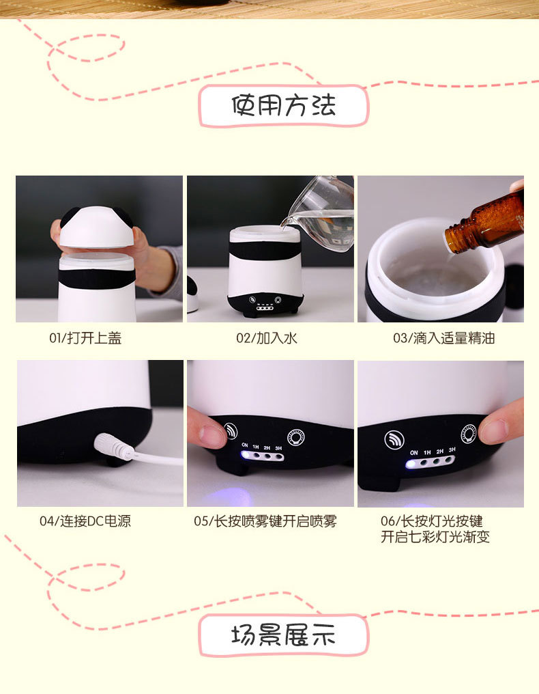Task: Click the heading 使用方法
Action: click(283, 106)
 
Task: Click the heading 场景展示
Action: click(283, 635)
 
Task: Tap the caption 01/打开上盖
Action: click(85, 338)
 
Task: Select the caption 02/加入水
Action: click(267, 338)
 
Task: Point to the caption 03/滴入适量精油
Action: click(443, 338)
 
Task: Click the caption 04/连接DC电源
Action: click(85, 521)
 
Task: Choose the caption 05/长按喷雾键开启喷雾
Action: click(265, 521)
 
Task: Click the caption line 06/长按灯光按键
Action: click(432, 521)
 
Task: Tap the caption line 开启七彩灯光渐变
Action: click(435, 537)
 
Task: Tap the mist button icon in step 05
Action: click(231, 431)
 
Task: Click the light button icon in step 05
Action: click(295, 436)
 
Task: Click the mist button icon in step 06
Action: click(394, 439)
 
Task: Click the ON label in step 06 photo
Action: click(413, 452)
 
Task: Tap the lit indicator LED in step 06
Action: click(411, 464)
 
